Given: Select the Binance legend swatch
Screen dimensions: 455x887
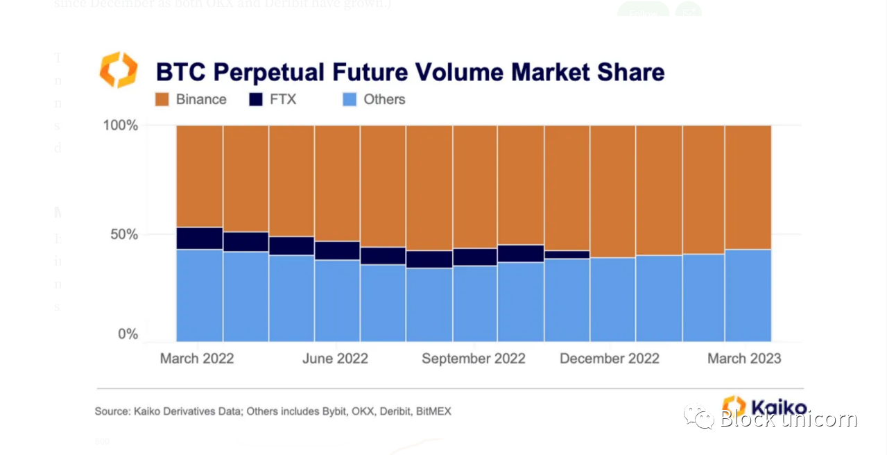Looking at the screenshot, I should (x=162, y=99).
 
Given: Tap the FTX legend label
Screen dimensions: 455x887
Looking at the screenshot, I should (x=283, y=99).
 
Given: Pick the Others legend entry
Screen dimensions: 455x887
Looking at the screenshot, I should (x=384, y=99).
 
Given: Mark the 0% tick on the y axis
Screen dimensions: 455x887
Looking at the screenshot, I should (x=128, y=334).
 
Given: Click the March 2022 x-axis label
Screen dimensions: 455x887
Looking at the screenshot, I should (x=197, y=359).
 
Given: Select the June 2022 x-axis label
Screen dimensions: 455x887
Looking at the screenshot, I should (x=336, y=359).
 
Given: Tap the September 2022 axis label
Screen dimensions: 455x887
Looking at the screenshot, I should (x=474, y=359).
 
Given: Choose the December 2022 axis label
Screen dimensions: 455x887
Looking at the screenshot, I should (x=610, y=359).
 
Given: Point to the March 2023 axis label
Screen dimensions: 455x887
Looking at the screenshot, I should (x=744, y=359).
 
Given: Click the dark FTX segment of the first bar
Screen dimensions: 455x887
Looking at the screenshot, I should (x=200, y=238).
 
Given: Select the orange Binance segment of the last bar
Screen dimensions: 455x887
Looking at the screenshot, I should (x=748, y=187).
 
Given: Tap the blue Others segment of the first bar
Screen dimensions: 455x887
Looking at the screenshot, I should (x=200, y=295).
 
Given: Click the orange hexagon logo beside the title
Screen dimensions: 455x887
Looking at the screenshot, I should (x=119, y=70).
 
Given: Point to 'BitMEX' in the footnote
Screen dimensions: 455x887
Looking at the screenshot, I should (x=433, y=411).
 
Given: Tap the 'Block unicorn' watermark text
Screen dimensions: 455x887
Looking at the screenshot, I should (x=789, y=419).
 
